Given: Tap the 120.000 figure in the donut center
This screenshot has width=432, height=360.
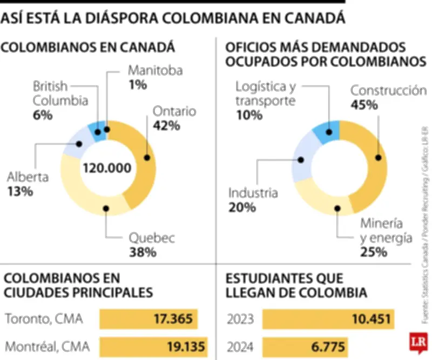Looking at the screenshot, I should pos(107,168).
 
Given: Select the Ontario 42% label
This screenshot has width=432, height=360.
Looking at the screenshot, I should pos(174,118).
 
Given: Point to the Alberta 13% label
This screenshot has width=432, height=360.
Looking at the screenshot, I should pos(28,184).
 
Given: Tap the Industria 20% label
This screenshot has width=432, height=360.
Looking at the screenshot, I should pos(253,199).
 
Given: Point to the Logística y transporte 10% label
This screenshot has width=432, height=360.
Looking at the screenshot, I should pos(265,101).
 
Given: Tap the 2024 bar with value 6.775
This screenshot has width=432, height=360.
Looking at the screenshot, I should pos(306,346).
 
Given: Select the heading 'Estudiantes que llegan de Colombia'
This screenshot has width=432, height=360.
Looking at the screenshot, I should pos(297,285).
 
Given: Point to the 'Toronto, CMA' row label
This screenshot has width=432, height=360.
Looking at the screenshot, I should pos(44,319).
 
